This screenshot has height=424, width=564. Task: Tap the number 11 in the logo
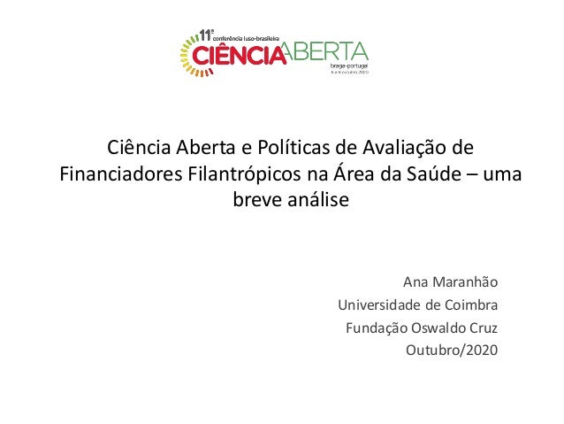[x=206, y=35]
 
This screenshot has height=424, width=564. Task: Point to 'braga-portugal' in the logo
[x=348, y=66]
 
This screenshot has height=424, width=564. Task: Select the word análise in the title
[x=320, y=200]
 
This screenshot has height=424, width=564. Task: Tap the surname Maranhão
[x=464, y=284]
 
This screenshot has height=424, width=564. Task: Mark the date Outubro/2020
[x=451, y=351]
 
